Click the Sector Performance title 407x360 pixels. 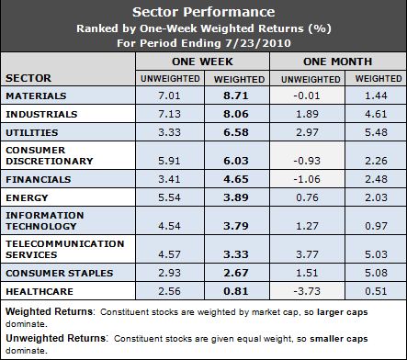coord(203,13)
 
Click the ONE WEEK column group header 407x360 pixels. coord(201,60)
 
